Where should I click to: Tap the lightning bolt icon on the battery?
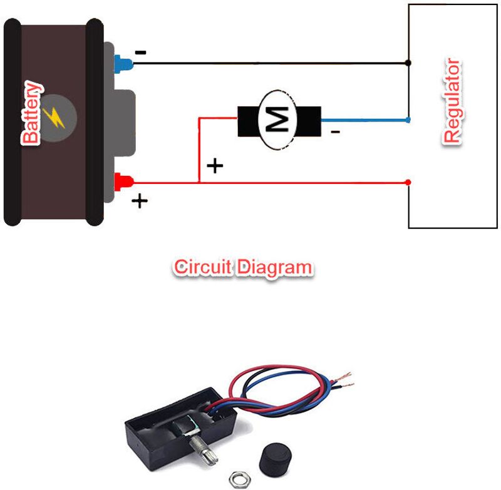coord(56,116)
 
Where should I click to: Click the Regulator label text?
coord(452,102)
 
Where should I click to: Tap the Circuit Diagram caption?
coord(242,267)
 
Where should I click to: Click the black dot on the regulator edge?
coord(408,63)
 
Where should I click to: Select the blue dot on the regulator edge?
coord(408,119)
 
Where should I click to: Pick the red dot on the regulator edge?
coord(408,182)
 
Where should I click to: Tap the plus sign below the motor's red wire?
coord(215,166)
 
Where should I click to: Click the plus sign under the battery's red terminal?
coord(140,201)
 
